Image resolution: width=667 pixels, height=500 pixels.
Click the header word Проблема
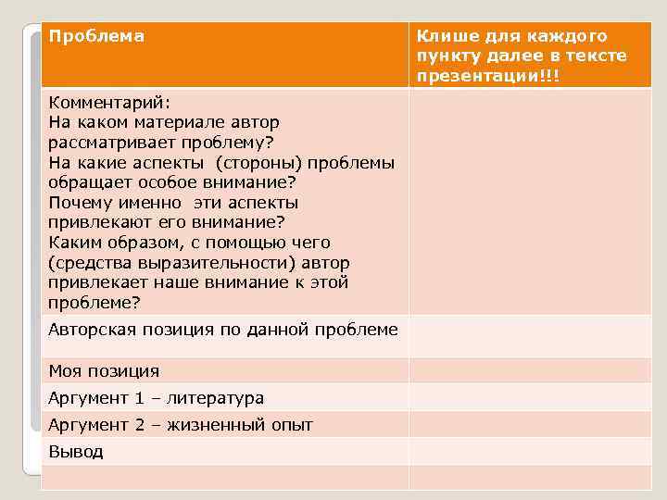(x=96, y=36)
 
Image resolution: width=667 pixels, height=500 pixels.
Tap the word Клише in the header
(x=444, y=36)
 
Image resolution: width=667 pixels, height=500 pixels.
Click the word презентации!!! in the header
(x=487, y=76)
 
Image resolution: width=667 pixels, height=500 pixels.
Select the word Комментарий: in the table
(x=107, y=102)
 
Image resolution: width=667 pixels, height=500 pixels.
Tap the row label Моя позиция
(x=104, y=371)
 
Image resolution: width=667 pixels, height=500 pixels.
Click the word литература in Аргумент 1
(x=216, y=398)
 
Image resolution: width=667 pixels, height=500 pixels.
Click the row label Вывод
(x=76, y=452)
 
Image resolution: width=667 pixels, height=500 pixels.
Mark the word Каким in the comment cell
(x=74, y=243)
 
